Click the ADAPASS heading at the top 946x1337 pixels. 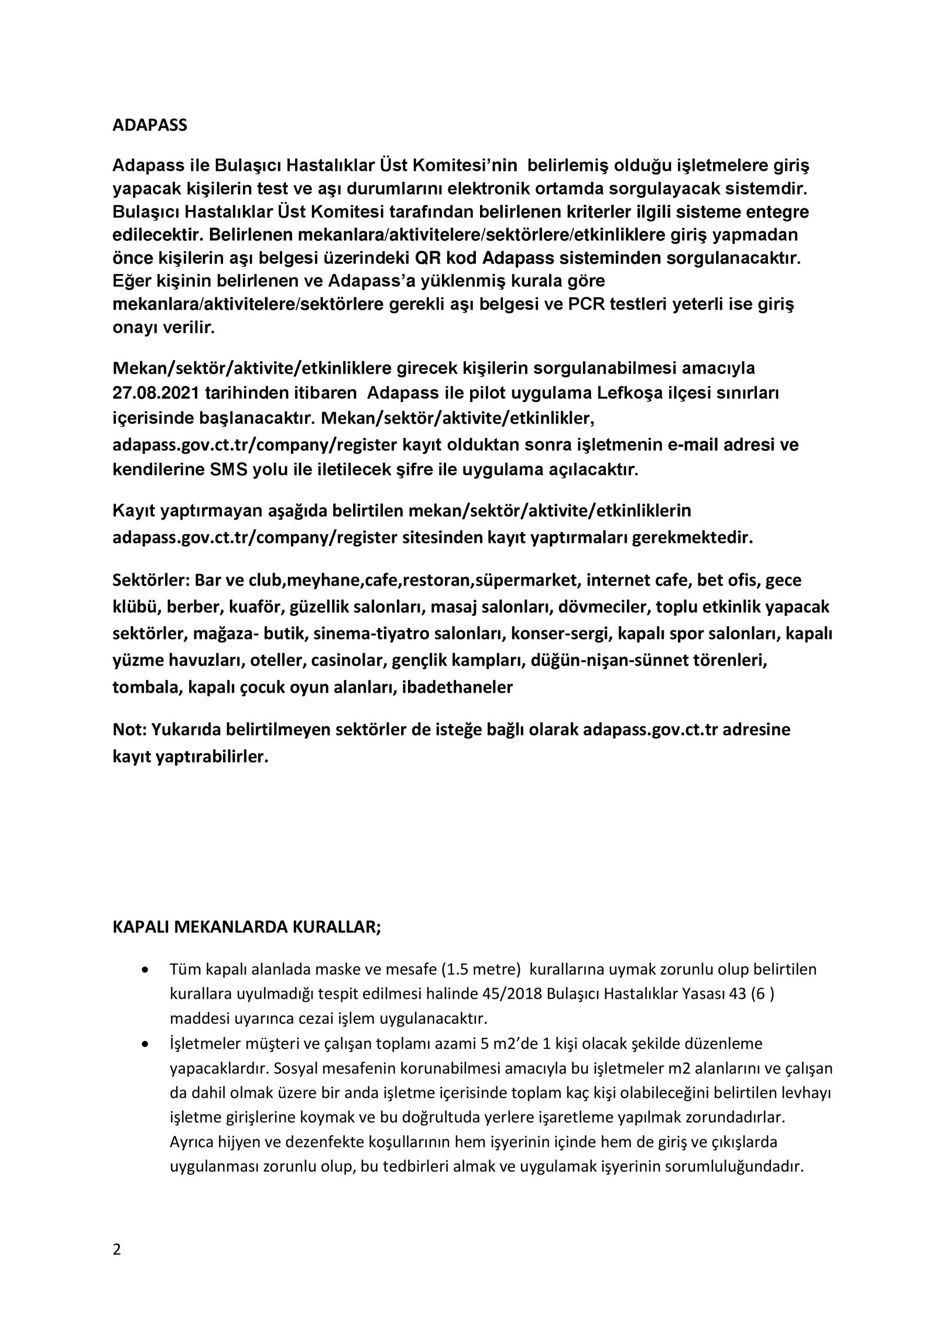150,126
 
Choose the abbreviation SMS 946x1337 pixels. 228,470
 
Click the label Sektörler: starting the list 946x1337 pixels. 151,580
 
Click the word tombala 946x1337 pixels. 146,687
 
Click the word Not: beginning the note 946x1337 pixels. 130,730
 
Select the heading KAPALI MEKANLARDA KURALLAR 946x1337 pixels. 247,927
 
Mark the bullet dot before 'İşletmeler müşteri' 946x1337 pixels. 145,1043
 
